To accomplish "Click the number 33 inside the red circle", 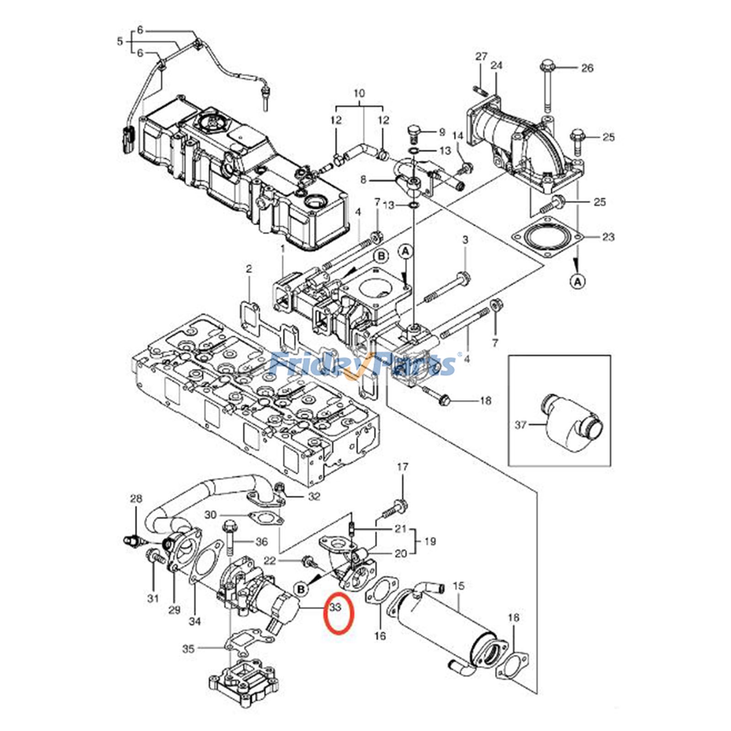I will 336,608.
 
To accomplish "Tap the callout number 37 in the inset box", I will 520,425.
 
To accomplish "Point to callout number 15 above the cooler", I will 459,586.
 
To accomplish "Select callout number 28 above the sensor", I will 136,498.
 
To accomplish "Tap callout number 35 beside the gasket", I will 188,648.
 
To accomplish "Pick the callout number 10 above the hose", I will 359,93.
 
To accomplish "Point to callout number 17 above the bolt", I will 402,467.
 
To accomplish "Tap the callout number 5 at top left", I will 120,42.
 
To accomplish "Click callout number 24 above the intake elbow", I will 497,65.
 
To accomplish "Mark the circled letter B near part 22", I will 301,589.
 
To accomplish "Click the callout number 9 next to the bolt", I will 441,132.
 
